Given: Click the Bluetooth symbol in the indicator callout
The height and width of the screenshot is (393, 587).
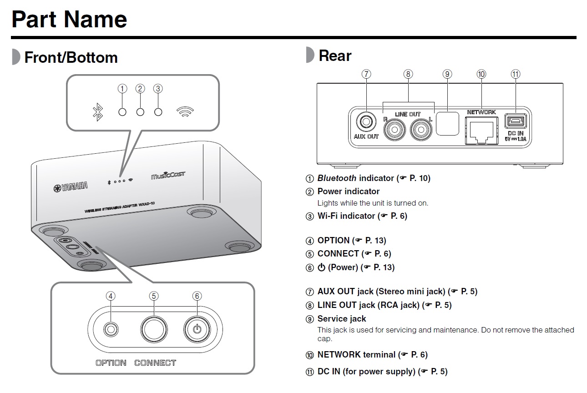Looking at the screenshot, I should pos(97,112).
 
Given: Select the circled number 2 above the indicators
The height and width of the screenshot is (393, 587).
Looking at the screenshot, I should pos(140,89).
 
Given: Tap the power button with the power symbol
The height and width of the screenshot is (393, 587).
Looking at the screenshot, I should pos(197,329).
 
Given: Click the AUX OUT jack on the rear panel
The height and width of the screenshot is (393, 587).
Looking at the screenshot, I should pos(366,122).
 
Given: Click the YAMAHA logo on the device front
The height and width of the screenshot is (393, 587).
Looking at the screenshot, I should pos(71,186).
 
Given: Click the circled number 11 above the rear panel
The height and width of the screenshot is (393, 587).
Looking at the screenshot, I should pos(516,74).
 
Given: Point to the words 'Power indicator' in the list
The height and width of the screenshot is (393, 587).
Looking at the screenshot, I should pos(349,191).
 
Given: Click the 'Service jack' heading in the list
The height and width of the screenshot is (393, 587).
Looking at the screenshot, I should pos(342,319).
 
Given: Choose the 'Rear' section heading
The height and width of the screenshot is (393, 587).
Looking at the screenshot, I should pos(335,56).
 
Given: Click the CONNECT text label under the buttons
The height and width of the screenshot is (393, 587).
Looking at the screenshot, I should pos(155,363).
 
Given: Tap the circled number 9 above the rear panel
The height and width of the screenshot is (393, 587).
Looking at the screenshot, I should pos(447,74).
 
